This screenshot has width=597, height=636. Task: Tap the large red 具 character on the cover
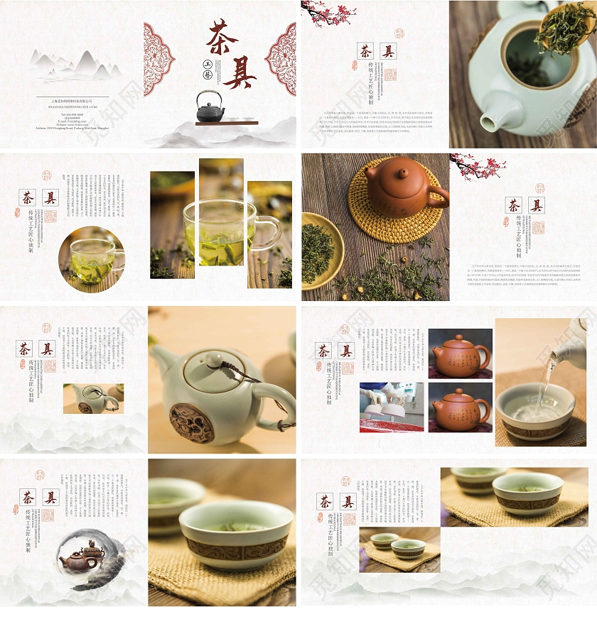[241, 71]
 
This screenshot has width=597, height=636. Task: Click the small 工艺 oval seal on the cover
[208, 69]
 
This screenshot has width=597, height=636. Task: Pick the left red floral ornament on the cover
[158, 58]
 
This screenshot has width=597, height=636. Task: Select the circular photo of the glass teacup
[91, 259]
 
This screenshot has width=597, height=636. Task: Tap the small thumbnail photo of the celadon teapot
[93, 398]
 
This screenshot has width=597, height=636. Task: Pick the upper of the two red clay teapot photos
[460, 353]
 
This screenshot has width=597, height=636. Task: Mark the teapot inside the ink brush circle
[80, 557]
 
